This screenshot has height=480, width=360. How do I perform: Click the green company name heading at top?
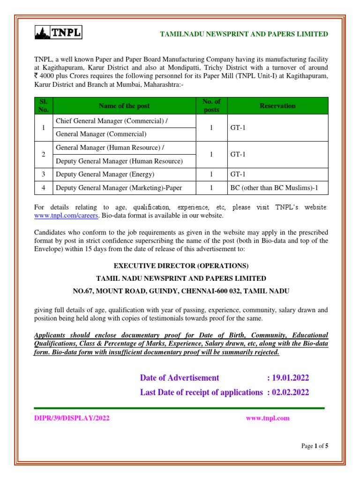coord(244,34)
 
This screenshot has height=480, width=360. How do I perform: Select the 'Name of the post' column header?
coord(124,106)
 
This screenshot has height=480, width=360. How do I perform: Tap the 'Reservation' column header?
coord(277,106)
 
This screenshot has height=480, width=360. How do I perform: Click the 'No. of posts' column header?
coord(211,106)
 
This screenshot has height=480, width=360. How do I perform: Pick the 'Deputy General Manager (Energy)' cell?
coord(105,174)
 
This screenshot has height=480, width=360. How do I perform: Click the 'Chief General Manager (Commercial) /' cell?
coord(112,121)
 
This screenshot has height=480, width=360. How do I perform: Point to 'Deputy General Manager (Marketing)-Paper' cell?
coord(119,188)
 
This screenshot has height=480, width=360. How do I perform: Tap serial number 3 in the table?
coord(43,174)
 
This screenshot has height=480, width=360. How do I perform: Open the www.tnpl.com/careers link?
coord(66,216)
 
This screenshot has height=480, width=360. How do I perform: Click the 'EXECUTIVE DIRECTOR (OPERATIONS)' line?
coord(181,266)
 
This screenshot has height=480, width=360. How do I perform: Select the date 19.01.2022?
coord(291,378)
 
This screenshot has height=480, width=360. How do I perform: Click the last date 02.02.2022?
coord(291,392)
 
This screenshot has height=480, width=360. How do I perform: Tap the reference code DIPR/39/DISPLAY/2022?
coord(72,419)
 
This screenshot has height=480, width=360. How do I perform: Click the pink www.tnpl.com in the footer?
coord(268,419)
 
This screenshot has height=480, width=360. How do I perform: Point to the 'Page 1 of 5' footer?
coord(315,446)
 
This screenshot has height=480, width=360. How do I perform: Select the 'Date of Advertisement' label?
coord(180,378)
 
